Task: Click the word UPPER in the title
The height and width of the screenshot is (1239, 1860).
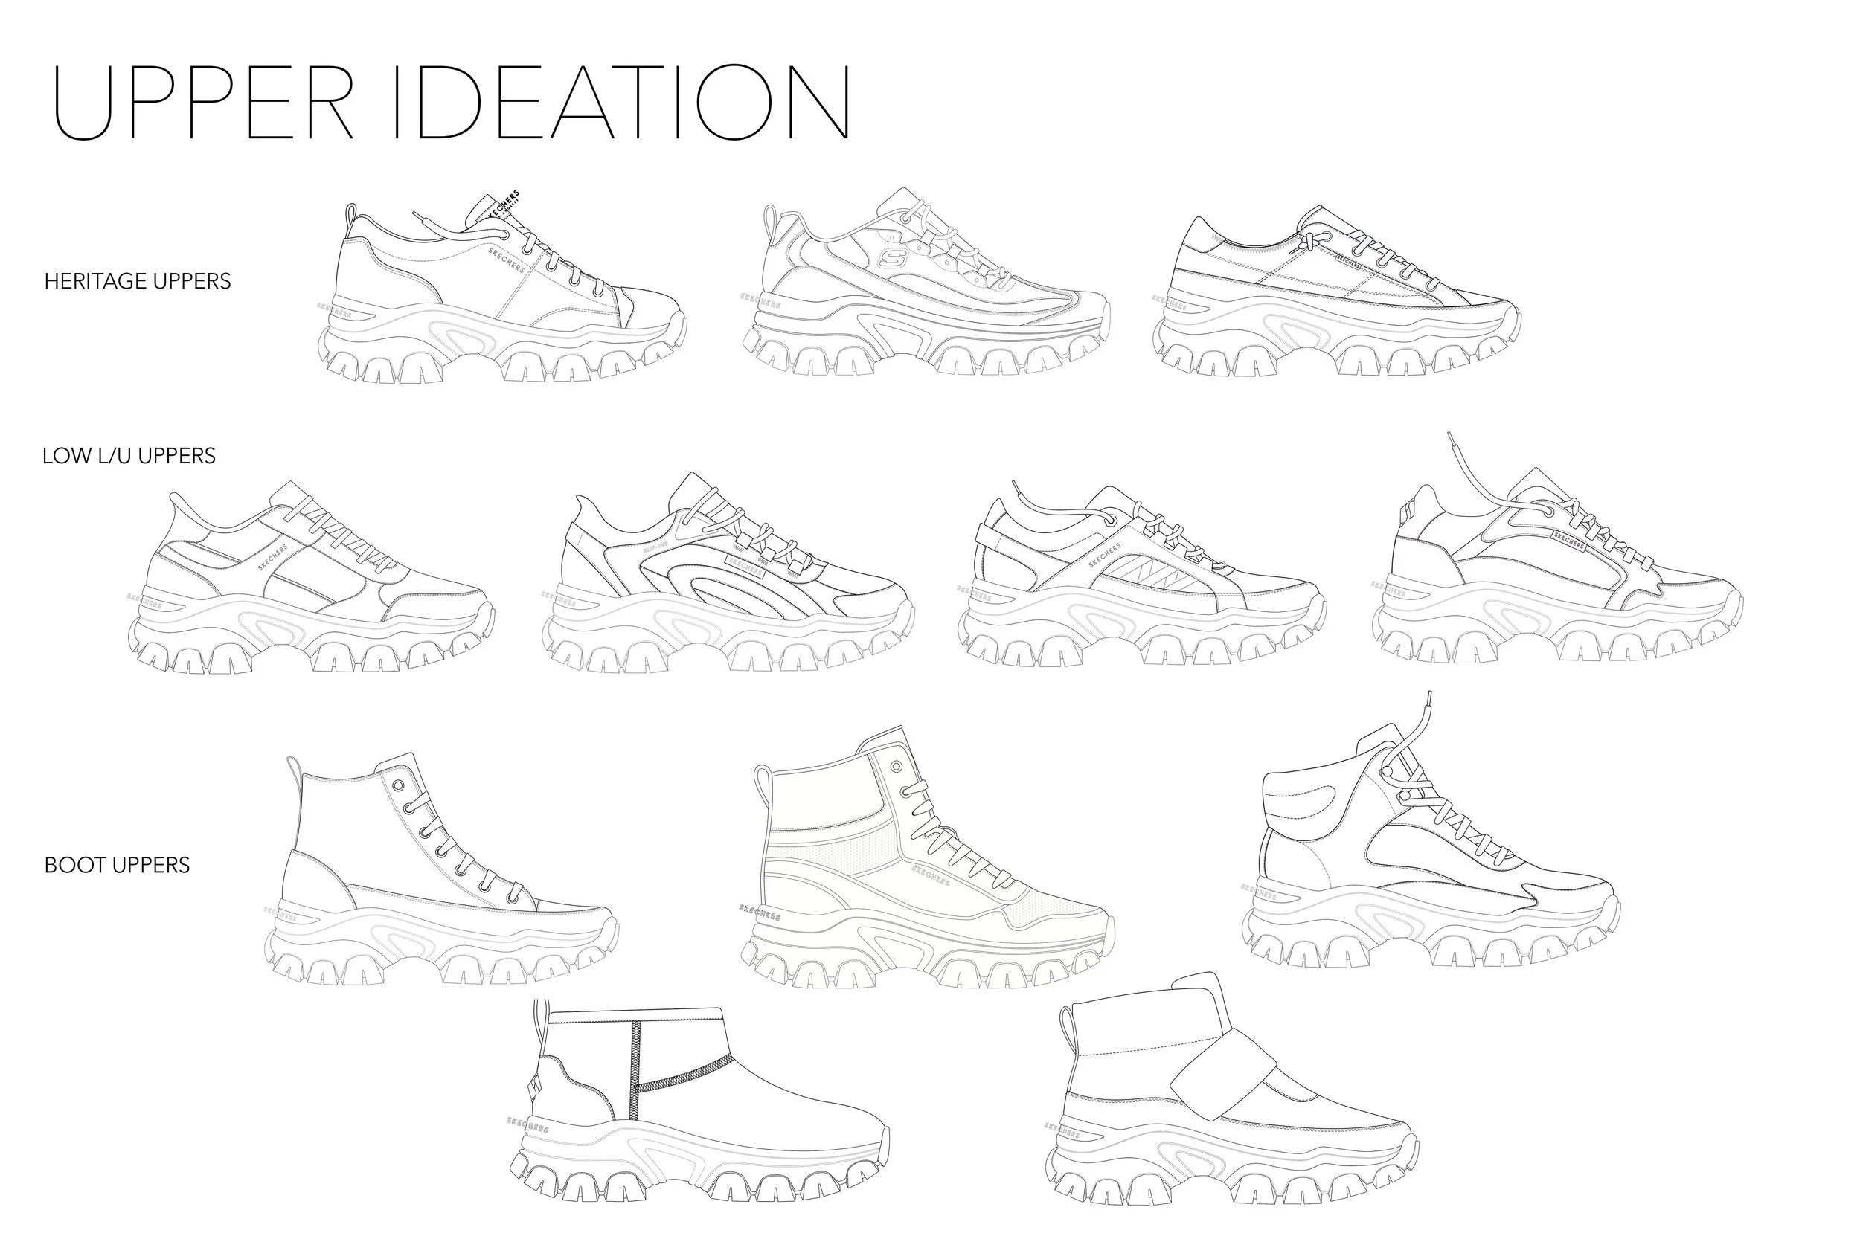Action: click(202, 103)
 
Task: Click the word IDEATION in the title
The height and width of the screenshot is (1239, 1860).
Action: click(621, 103)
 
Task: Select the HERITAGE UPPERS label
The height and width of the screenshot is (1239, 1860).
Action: click(138, 281)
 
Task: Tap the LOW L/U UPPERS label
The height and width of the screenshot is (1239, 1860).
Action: click(129, 456)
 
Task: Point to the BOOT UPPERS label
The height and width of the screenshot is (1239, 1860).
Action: click(117, 865)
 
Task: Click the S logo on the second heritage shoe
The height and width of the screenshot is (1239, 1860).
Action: click(890, 257)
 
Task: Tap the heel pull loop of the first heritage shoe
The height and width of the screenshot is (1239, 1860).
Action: click(351, 217)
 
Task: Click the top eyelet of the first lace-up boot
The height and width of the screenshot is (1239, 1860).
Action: click(398, 785)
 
